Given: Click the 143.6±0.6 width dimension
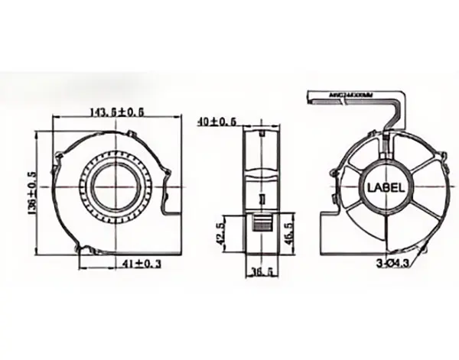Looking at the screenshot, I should [x=118, y=112].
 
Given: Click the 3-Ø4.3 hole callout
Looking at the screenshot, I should [x=392, y=263].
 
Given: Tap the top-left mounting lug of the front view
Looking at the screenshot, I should [x=60, y=158].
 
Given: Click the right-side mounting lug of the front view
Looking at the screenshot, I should [x=165, y=178].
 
